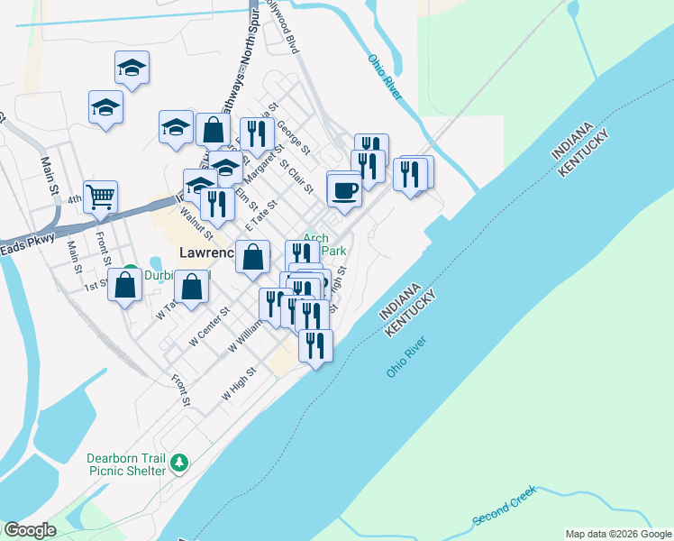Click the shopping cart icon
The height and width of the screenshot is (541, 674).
[101, 196]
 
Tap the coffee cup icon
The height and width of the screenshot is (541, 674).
[345, 190]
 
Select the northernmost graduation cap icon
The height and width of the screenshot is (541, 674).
[132, 68]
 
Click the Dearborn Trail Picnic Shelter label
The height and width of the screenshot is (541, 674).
[126, 463]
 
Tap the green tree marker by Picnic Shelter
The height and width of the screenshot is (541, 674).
[180, 463]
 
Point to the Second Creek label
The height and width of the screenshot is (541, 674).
[504, 508]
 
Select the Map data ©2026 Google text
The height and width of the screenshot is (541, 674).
[618, 534]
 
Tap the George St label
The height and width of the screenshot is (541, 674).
[294, 136]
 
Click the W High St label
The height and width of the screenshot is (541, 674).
[240, 383]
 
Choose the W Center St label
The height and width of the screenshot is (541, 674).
[208, 331]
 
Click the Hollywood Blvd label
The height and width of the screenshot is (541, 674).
[282, 29]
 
